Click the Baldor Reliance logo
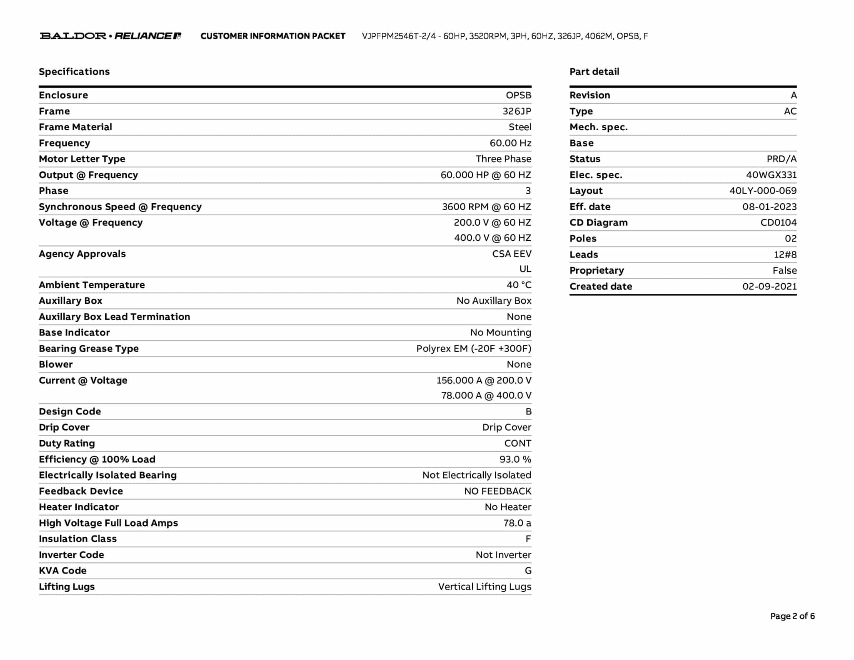111,36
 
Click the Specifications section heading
74,72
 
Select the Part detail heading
594,72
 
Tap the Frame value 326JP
517,111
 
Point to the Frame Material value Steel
520,127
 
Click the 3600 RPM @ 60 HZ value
486,207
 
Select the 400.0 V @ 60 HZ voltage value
492,238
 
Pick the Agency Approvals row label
82,254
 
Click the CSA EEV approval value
511,254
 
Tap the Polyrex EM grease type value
474,349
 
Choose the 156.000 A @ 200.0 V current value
484,380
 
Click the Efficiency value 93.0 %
515,459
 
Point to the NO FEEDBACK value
497,491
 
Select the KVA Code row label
63,571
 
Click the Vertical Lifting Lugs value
485,587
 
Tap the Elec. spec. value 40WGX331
771,175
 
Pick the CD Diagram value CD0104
778,223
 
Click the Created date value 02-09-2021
769,287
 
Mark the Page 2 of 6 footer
792,616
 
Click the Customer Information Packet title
273,36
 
